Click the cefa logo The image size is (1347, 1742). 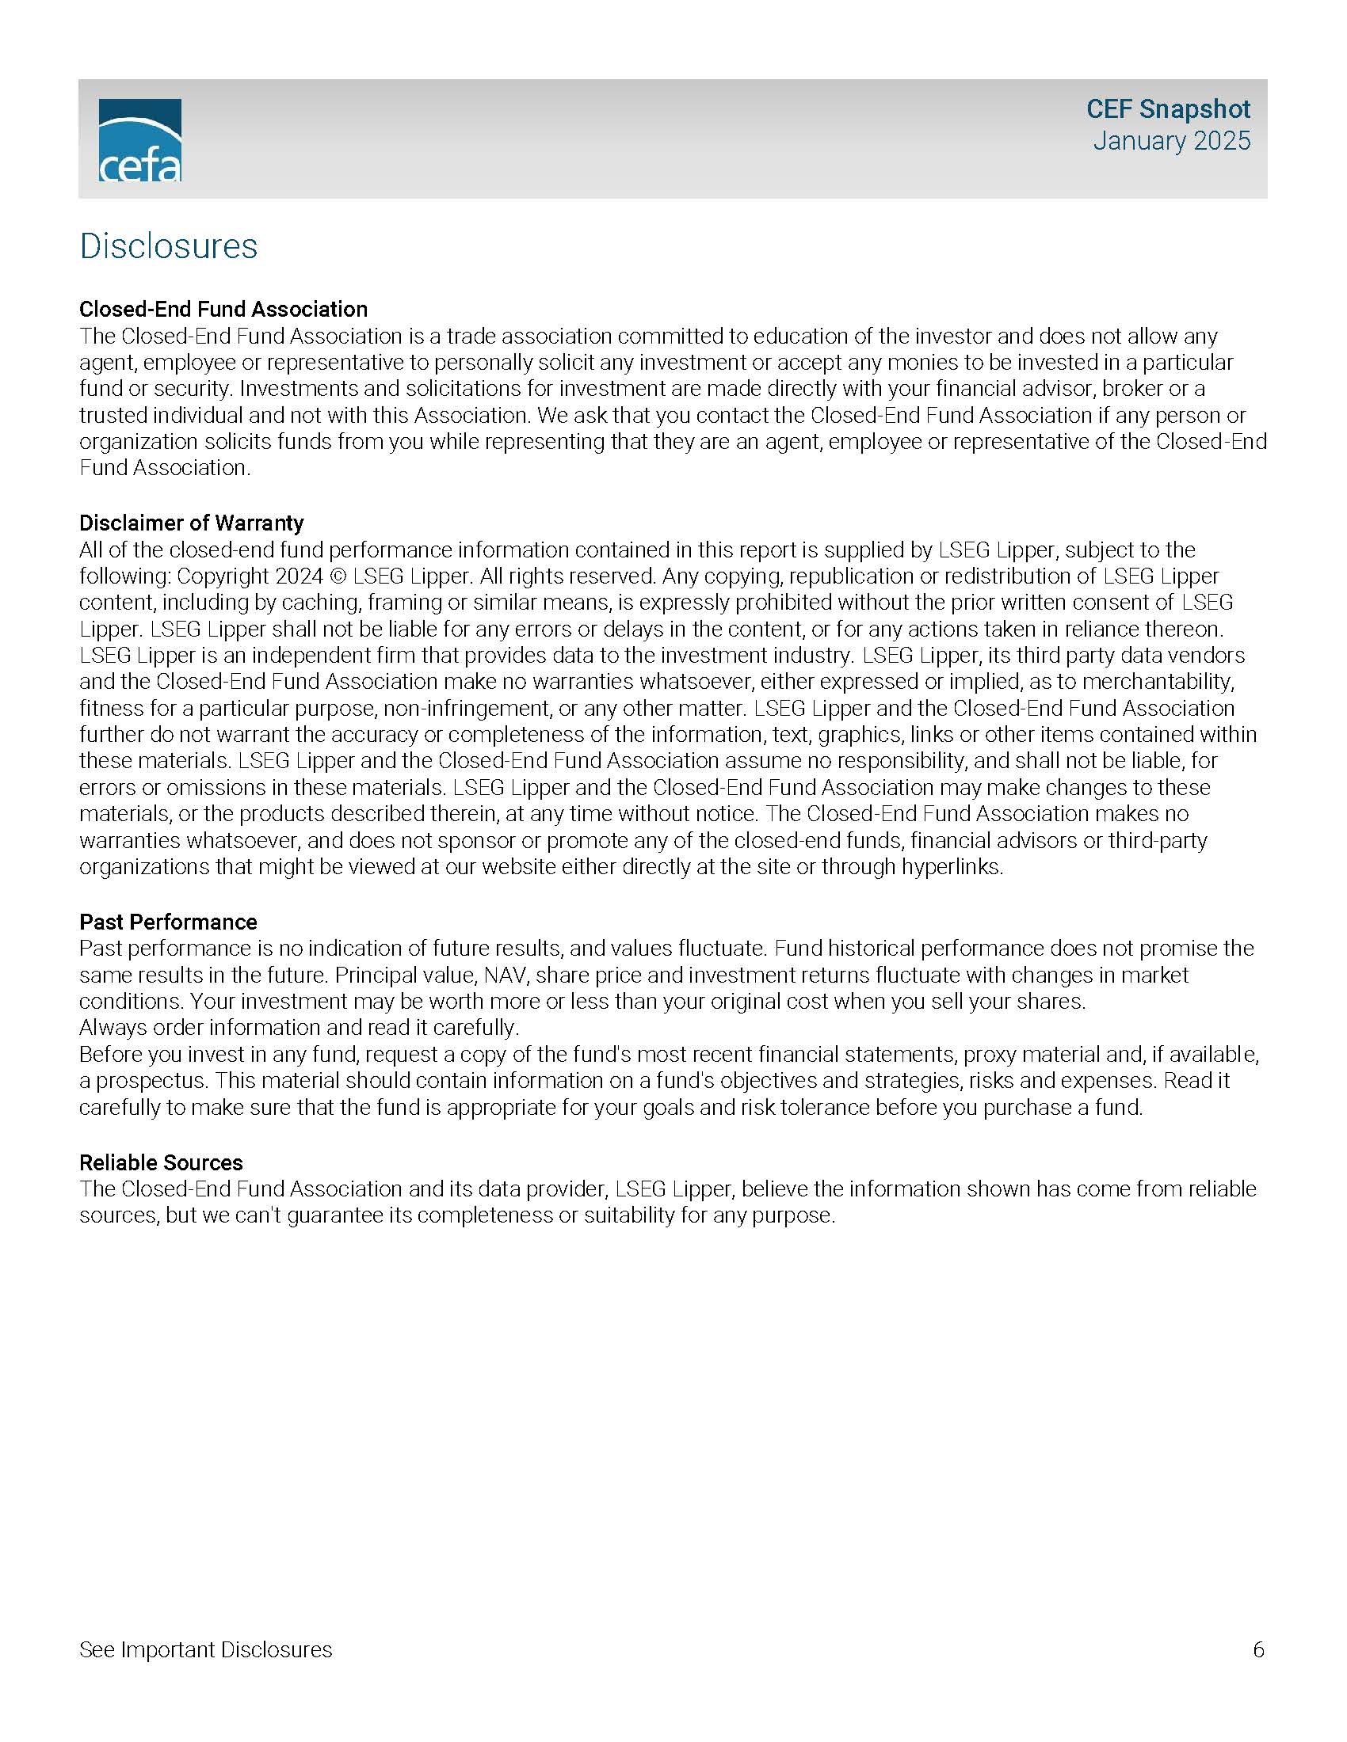pyautogui.click(x=139, y=140)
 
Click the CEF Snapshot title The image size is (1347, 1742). pyautogui.click(x=1167, y=109)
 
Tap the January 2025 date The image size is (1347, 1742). pyautogui.click(x=1170, y=141)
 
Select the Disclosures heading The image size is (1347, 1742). pyautogui.click(x=168, y=245)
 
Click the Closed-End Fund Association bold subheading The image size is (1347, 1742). pyautogui.click(x=223, y=310)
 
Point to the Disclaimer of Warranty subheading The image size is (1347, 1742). pyautogui.click(x=192, y=523)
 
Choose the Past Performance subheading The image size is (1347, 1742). pyautogui.click(x=168, y=922)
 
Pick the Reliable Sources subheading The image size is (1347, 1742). pyautogui.click(x=161, y=1162)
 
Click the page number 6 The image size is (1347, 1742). pyautogui.click(x=1258, y=1649)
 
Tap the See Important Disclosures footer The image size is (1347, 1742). pyautogui.click(x=206, y=1649)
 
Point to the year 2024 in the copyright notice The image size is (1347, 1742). pyautogui.click(x=300, y=576)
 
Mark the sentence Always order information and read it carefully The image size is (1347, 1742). pyautogui.click(x=300, y=1027)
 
